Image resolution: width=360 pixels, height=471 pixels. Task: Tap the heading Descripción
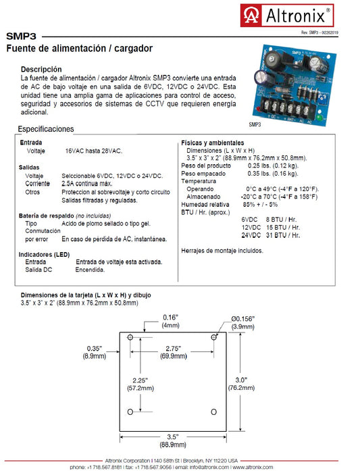41,70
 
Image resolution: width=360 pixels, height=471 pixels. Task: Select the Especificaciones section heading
46,129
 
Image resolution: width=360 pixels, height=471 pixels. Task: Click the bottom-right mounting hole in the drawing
214,412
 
